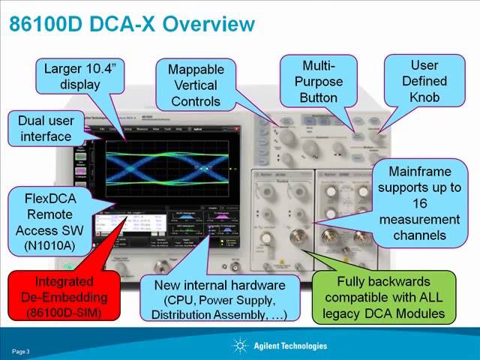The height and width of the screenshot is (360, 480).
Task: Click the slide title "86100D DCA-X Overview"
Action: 131,24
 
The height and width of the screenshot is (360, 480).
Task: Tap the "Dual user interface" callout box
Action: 40,128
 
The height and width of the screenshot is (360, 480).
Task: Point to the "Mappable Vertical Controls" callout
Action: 196,85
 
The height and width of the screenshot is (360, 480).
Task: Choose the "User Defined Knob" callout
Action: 424,81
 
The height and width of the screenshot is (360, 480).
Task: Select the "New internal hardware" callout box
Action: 219,299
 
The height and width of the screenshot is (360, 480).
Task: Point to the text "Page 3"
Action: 20,351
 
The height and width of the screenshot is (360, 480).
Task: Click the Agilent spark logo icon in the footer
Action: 240,346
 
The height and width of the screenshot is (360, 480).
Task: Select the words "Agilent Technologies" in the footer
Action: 290,346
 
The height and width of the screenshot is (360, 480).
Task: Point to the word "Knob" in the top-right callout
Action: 424,97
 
